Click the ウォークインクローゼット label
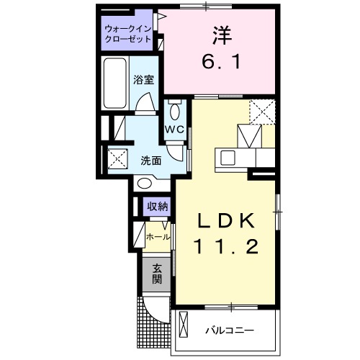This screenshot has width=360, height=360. (x=127, y=34)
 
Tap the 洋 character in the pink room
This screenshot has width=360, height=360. (x=220, y=35)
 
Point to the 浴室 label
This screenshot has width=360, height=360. (x=143, y=81)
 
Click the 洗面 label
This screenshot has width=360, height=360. (x=150, y=160)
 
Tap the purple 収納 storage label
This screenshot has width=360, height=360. (x=158, y=207)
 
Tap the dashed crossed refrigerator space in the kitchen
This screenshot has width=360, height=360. (x=263, y=112)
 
